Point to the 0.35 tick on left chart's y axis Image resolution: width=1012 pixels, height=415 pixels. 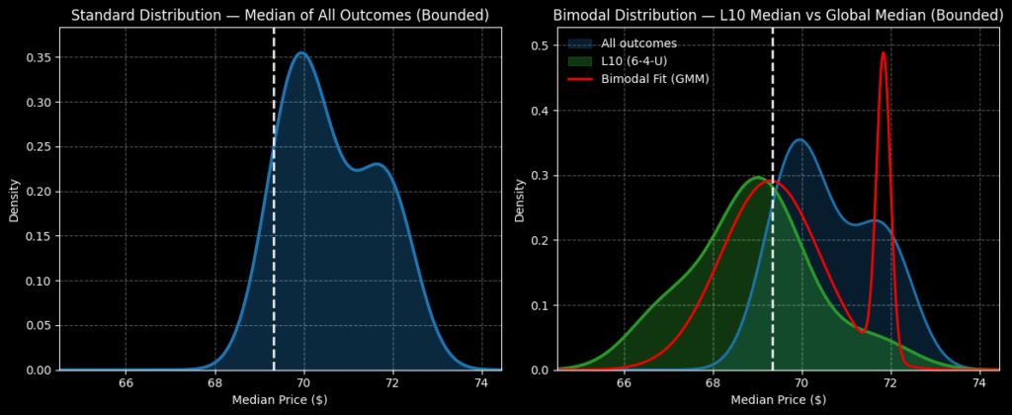click(x=39, y=57)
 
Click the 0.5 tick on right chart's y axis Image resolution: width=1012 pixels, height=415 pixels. click(x=542, y=45)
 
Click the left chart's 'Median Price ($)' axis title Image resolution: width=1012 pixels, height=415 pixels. click(x=280, y=400)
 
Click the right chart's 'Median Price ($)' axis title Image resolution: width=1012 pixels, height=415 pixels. click(x=779, y=400)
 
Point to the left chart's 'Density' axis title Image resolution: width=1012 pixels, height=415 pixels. click(x=15, y=199)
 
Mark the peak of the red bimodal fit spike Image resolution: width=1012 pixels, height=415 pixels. click(x=884, y=53)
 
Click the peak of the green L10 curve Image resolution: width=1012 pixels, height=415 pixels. click(x=757, y=178)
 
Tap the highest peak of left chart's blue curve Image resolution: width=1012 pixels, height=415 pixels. click(x=302, y=53)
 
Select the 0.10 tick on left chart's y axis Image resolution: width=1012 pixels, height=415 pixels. click(x=39, y=281)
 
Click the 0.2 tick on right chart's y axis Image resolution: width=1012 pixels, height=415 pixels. click(x=542, y=240)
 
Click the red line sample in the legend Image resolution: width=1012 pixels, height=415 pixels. click(x=580, y=79)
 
